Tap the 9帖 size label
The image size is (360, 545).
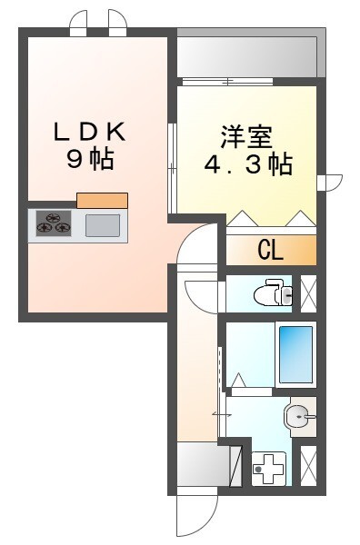tap(89, 159)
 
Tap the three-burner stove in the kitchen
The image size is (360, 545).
tap(54, 223)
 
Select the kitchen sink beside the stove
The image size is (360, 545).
tap(102, 223)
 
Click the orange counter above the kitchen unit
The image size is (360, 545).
tap(102, 200)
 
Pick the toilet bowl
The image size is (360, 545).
tap(271, 293)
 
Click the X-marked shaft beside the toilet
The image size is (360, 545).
tap(309, 292)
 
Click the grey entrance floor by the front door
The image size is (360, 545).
tap(198, 466)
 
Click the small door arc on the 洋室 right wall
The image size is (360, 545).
tap(329, 183)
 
